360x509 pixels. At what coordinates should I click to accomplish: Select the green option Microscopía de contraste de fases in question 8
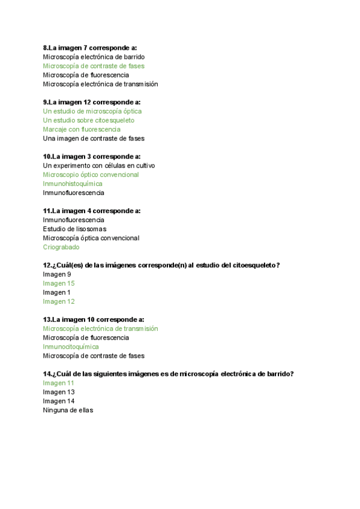(x=93, y=66)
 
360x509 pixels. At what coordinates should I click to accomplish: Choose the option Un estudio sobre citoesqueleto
(x=88, y=120)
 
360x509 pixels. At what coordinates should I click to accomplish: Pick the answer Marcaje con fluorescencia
(x=82, y=129)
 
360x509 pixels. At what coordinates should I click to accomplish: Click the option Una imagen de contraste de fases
(x=93, y=138)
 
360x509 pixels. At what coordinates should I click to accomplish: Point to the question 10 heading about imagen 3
(x=92, y=156)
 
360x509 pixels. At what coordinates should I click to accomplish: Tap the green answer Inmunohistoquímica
(x=73, y=184)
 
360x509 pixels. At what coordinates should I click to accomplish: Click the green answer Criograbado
(x=61, y=247)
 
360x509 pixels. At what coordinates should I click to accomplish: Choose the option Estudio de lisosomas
(x=74, y=229)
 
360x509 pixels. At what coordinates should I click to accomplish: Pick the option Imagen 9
(x=57, y=274)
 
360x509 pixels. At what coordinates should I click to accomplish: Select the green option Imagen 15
(x=59, y=283)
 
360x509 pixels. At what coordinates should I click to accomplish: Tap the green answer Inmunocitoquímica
(x=71, y=347)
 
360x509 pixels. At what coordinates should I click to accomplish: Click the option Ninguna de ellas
(x=68, y=410)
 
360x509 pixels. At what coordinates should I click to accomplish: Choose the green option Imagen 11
(x=59, y=383)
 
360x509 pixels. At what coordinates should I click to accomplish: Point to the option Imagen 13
(x=59, y=392)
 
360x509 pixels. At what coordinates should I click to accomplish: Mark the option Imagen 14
(x=59, y=401)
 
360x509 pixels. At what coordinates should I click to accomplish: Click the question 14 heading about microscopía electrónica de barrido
(x=168, y=374)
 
